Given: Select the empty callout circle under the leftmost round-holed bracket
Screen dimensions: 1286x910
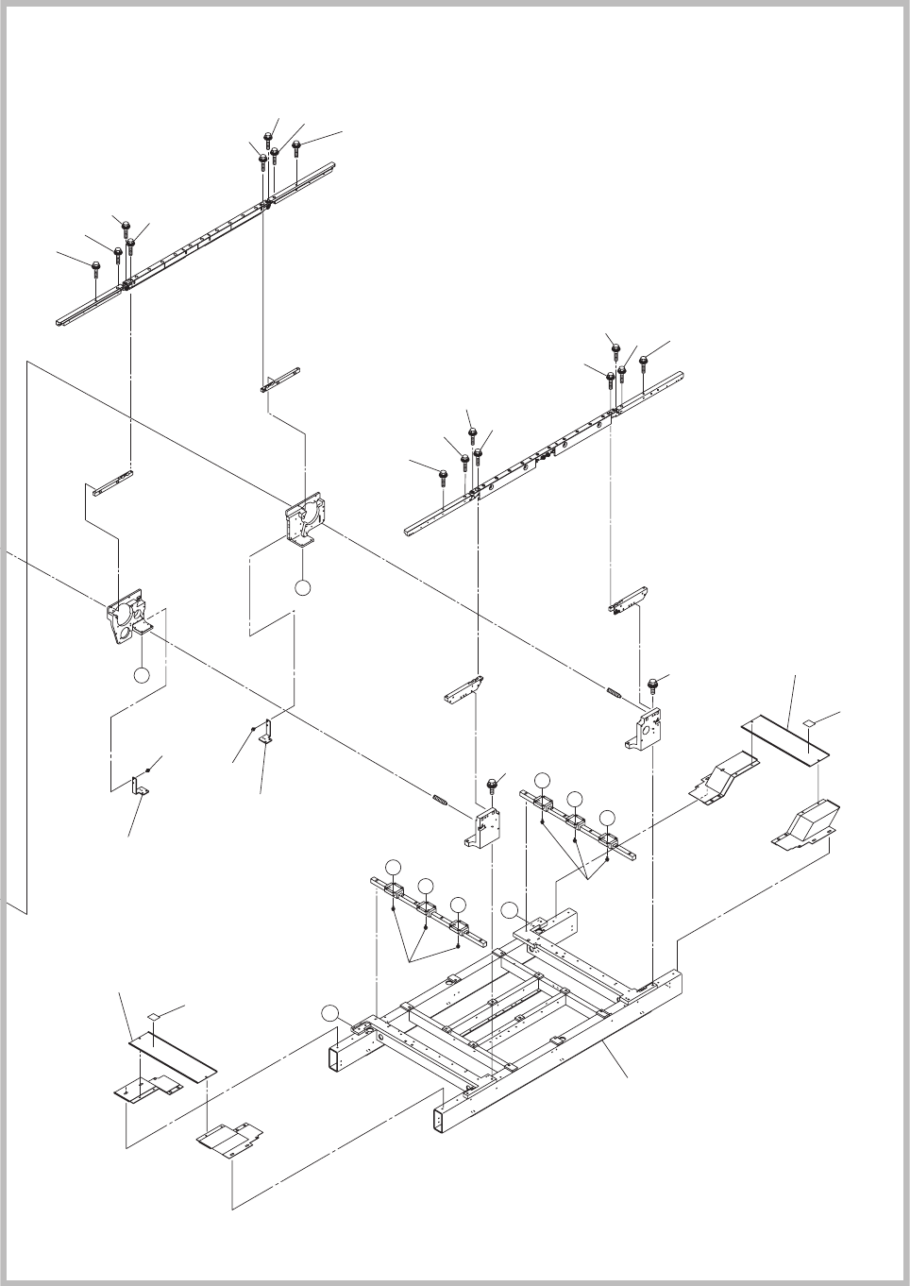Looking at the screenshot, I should pos(141,675).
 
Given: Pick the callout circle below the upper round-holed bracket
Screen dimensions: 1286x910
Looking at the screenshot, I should pos(302,587).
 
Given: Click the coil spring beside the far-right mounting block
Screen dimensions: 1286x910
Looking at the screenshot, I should pos(614,694).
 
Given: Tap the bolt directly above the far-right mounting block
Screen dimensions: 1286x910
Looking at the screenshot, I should pos(652,685).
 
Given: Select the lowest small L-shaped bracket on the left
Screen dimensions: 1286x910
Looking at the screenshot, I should pos(140,786).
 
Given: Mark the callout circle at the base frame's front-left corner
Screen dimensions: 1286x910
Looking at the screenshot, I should pos(329,1013).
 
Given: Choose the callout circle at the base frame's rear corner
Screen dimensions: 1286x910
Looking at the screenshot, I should pos(510,910).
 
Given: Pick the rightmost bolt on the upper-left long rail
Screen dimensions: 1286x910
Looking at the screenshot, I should pos(296,146).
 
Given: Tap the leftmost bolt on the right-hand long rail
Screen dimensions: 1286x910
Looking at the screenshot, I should pos(443,473).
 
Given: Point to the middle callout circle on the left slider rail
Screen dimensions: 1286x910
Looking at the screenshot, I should pos(427,885).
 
